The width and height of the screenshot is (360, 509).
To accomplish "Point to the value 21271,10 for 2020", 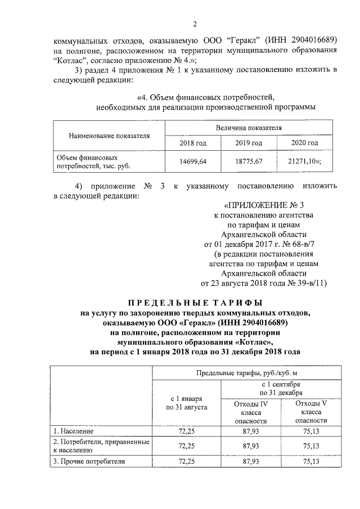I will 304,161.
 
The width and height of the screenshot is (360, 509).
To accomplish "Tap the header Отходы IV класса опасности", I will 250,412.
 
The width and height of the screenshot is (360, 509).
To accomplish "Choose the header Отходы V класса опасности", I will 311,412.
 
